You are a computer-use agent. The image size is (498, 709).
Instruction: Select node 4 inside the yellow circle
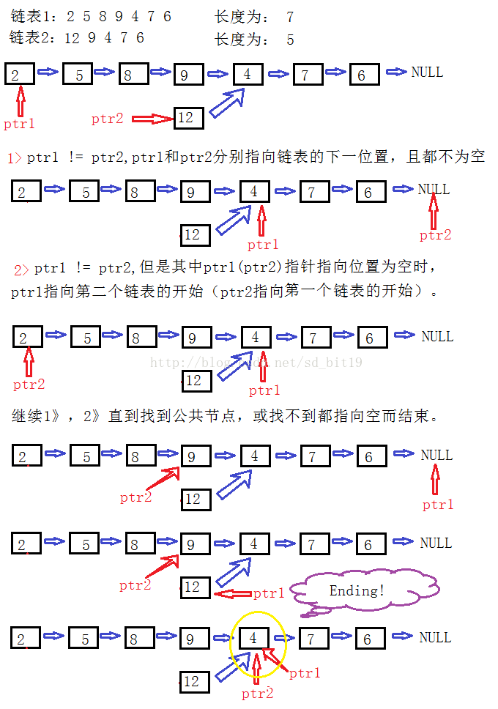[x=253, y=638]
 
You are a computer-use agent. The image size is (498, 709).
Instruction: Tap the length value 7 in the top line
[x=290, y=17]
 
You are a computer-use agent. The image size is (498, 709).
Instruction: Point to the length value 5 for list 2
[x=290, y=40]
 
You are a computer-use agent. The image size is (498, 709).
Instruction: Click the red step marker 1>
[x=15, y=157]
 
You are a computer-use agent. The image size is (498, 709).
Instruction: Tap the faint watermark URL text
[x=256, y=363]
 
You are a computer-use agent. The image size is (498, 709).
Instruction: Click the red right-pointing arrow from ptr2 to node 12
[x=152, y=118]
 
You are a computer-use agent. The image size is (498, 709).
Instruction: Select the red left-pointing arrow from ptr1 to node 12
[x=231, y=593]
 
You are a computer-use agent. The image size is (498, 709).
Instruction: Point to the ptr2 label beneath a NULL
[x=435, y=235]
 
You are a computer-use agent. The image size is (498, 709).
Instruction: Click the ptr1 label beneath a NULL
[x=438, y=505]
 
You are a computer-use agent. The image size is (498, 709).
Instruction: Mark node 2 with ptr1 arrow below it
[x=21, y=73]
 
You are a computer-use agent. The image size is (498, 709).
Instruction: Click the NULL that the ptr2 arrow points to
[x=434, y=190]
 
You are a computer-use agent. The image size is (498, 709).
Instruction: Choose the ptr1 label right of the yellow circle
[x=305, y=673]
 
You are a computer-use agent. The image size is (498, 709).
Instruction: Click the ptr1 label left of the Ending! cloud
[x=269, y=593]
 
